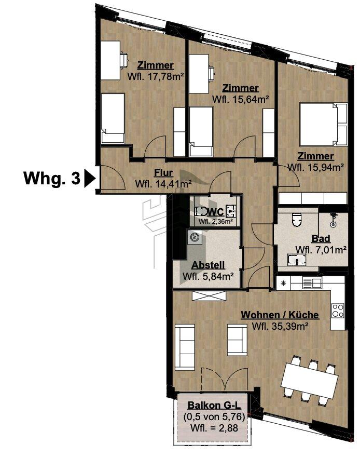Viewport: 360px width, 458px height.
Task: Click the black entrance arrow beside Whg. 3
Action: tap(89, 178)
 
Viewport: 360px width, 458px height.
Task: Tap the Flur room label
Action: tap(163, 173)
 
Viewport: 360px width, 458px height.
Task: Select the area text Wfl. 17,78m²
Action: tap(155, 76)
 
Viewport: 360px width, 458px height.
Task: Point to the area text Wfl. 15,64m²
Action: tap(240, 99)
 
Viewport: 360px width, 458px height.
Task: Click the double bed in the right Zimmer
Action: tap(323, 124)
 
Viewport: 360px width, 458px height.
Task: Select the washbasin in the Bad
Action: tap(297, 260)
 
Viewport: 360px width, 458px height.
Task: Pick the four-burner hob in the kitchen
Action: tap(338, 311)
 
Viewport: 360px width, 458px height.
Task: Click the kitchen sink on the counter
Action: tap(312, 282)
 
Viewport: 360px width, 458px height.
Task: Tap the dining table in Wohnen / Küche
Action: tap(310, 380)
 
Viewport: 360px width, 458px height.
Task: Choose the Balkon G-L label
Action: tap(214, 405)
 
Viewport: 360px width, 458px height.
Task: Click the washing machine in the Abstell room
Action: tap(195, 237)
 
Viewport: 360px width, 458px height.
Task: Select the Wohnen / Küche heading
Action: tap(280, 315)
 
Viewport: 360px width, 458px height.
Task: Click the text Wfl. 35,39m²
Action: tap(280, 326)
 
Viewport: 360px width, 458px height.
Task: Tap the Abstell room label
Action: tap(208, 265)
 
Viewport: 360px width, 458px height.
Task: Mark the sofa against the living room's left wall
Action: tap(185, 347)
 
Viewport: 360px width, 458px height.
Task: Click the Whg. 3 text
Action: tap(52, 178)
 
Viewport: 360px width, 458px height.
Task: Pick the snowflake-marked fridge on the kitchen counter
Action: tap(283, 283)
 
